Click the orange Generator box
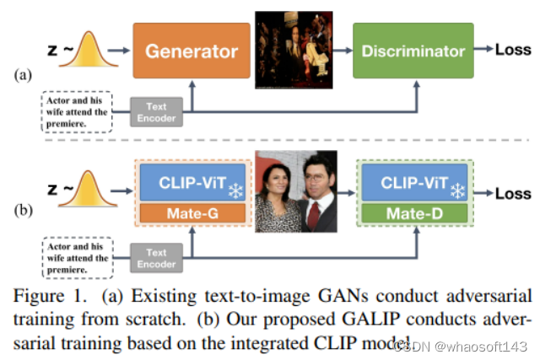(x=192, y=51)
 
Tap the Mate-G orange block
(x=193, y=213)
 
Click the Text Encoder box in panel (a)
(x=155, y=112)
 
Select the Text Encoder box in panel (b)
(x=155, y=257)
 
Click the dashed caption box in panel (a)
(x=76, y=112)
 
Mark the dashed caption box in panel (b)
(x=76, y=256)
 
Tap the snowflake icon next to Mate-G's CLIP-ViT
(x=235, y=191)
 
